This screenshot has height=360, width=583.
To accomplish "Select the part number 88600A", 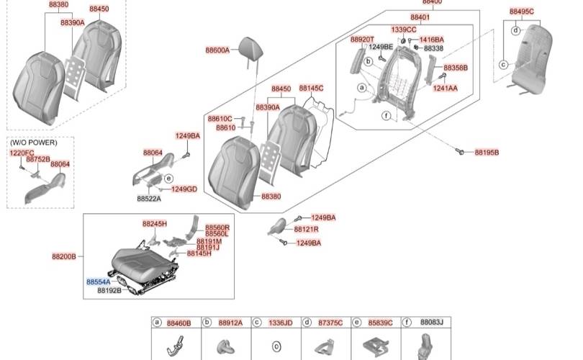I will pos(217,50).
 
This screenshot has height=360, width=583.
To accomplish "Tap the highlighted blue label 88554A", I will pos(99,282).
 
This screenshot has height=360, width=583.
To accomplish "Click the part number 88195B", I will pos(487,153).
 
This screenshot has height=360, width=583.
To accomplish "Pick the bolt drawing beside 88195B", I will pos(461,151).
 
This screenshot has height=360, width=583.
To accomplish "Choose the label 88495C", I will pos(521,12).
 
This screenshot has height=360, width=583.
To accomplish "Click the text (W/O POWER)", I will pos(32,143).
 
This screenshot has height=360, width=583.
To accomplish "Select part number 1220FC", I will pos(21,153).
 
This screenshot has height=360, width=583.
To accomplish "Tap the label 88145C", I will pos(311,89).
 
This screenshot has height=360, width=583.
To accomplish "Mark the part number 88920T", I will pos(362,40).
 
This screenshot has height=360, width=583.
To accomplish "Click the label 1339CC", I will pos(404,30).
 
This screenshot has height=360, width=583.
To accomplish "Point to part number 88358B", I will pos(455,68).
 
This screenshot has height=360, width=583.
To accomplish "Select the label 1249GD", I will pos(184,189).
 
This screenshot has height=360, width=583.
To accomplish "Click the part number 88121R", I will pos(306,229).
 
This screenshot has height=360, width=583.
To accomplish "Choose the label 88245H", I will pos(154,224).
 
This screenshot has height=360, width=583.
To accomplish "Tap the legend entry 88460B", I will pos(178,323).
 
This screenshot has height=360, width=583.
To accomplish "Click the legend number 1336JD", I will pos(280,323).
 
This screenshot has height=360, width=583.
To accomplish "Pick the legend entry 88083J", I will pos(431,323).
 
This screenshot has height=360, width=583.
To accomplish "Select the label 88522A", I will pos(150,198).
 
